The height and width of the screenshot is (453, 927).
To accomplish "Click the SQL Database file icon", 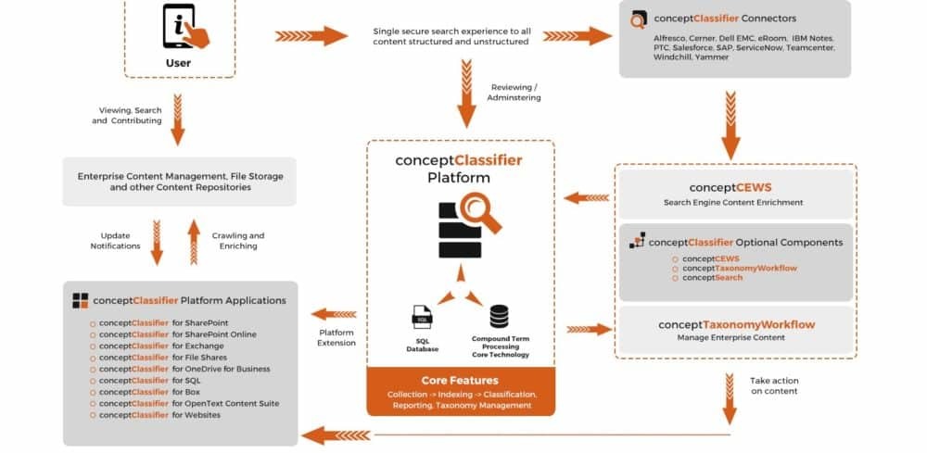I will click(422, 317).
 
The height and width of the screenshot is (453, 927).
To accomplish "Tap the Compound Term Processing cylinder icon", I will click(500, 317).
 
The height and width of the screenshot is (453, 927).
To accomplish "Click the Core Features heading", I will click(460, 380).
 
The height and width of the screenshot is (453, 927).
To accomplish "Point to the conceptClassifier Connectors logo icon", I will click(639, 19).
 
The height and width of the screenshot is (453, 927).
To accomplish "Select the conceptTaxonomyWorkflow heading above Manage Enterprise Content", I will click(736, 324).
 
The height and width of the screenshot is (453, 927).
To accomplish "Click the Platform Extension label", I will click(337, 336).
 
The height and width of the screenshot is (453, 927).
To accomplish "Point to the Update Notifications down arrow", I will click(157, 243).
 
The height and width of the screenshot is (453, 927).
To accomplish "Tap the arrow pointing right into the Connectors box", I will click(578, 36).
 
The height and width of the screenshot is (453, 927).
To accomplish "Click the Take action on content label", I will click(774, 386).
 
